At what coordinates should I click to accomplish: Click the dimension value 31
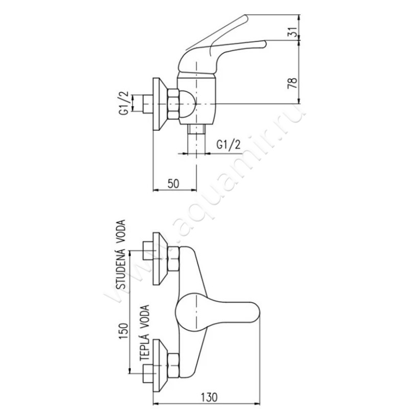[293, 32]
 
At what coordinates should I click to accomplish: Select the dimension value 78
[292, 83]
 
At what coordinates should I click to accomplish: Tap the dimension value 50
[173, 184]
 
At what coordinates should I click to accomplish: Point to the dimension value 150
[124, 331]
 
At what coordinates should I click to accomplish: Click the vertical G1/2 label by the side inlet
[124, 103]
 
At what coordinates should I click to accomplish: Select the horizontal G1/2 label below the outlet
[229, 145]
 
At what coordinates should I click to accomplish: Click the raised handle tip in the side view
[245, 18]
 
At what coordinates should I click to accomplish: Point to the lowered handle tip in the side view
[263, 44]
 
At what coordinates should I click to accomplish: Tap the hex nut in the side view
[173, 104]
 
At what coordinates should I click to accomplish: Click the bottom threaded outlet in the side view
[196, 129]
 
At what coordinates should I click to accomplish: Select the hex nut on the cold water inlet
[173, 259]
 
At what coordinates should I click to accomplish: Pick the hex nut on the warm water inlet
[173, 366]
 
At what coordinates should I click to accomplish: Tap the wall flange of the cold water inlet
[159, 259]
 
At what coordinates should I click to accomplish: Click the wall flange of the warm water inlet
[159, 366]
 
